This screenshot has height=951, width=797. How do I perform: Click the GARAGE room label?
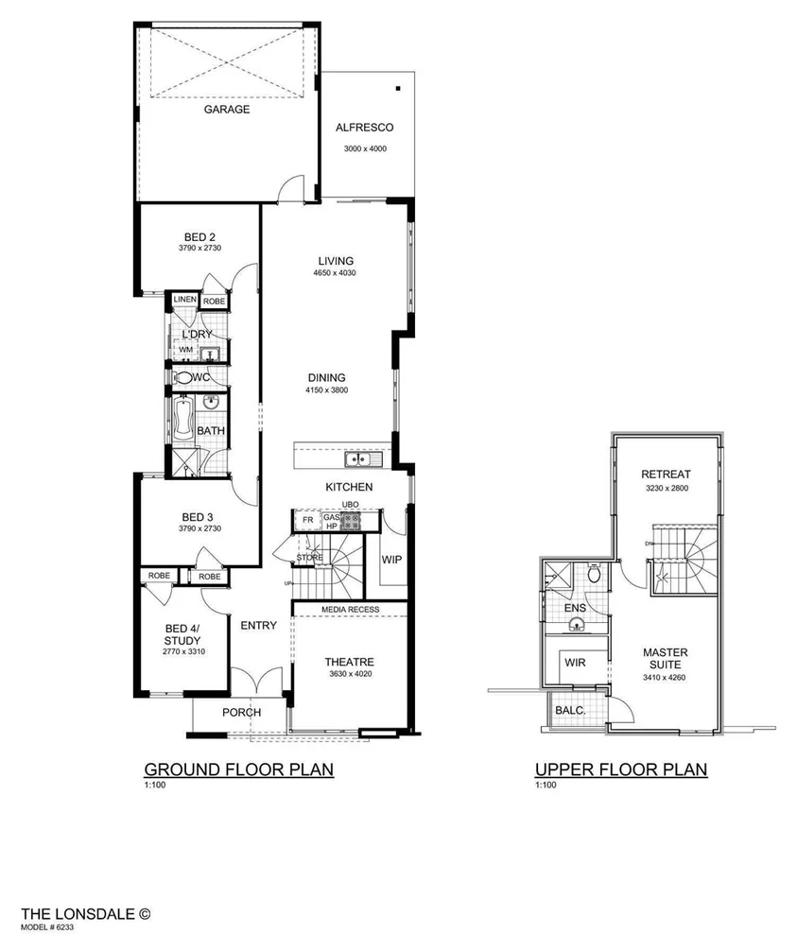tap(227, 110)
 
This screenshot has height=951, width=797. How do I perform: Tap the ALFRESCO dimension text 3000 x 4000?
tap(364, 149)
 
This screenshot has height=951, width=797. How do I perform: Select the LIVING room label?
tap(336, 261)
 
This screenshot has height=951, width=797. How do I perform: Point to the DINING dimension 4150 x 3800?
tap(325, 390)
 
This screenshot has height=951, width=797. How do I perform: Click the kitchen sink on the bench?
tap(362, 459)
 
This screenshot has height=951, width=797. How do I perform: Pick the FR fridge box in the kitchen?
tap(307, 519)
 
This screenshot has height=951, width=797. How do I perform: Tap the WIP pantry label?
tap(392, 559)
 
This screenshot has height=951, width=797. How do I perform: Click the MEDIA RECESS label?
tap(350, 610)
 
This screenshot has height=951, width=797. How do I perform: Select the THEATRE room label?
tap(350, 662)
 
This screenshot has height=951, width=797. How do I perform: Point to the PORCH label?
tap(241, 712)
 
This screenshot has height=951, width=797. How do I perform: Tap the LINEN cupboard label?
tap(184, 300)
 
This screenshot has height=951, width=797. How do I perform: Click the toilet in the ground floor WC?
tap(182, 377)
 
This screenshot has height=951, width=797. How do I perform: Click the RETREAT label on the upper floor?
tap(666, 475)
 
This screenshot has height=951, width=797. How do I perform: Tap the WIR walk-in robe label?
tap(575, 663)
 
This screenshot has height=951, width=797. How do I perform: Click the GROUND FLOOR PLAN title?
tap(238, 769)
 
